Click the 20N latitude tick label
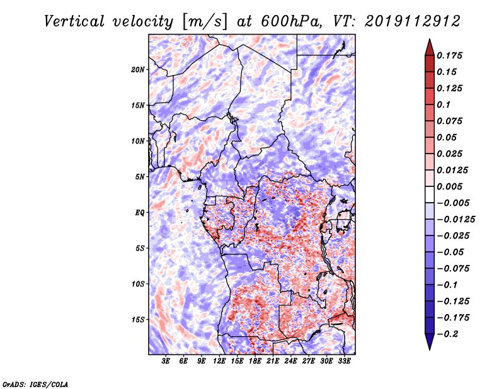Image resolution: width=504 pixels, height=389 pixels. [138, 69]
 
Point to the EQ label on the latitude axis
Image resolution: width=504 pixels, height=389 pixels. [140, 213]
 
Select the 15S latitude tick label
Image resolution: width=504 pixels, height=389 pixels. [138, 320]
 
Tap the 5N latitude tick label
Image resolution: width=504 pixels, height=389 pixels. [140, 177]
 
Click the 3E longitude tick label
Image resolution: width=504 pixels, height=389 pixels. [166, 361]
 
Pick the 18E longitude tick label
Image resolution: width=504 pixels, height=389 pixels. [255, 361]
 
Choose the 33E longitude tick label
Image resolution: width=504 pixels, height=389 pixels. [344, 361]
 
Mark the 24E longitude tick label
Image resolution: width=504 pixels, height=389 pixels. [290, 361]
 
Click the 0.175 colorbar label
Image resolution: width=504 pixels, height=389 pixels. [449, 55]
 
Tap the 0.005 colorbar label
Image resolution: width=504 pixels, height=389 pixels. [449, 186]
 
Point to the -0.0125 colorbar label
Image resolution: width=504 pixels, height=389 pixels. [455, 220]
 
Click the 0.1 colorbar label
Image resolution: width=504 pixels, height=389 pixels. [444, 104]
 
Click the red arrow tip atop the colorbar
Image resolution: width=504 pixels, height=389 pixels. [430, 39]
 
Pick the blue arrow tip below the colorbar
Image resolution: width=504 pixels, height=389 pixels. [430, 349]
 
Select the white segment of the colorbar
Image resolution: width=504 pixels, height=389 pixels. [430, 194]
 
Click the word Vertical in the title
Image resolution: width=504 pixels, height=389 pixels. [74, 21]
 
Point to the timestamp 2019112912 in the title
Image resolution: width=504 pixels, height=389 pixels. [413, 21]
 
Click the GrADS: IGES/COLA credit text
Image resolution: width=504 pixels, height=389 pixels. [35, 384]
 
